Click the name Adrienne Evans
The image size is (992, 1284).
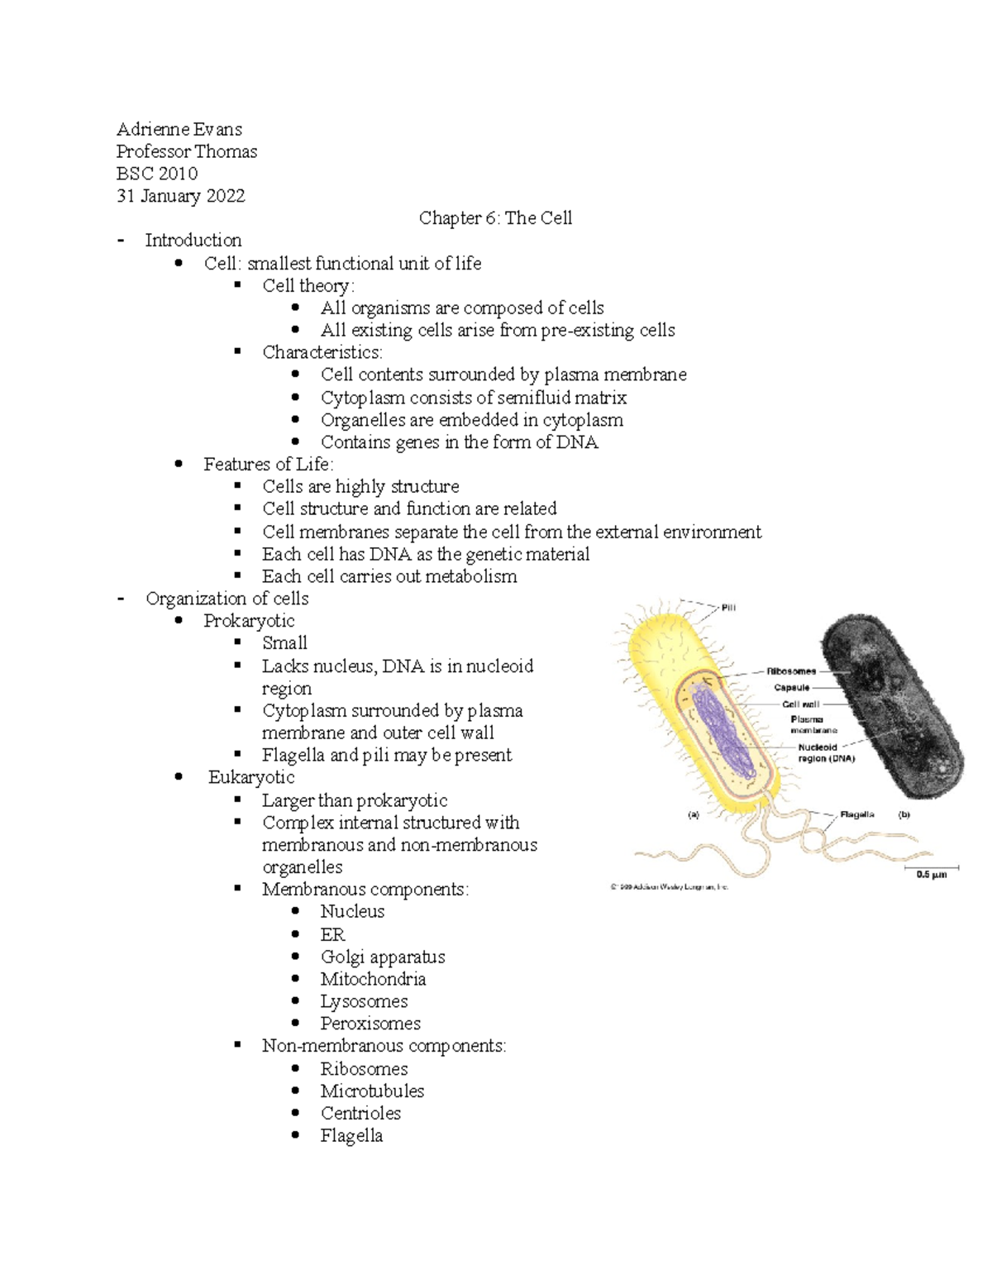pyautogui.click(x=179, y=129)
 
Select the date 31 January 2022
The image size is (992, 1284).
pyautogui.click(x=180, y=196)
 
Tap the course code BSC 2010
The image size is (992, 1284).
pyautogui.click(x=157, y=174)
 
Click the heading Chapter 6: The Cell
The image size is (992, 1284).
pyautogui.click(x=495, y=218)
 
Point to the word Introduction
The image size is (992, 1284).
pyautogui.click(x=193, y=241)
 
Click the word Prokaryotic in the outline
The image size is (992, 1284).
pyautogui.click(x=249, y=621)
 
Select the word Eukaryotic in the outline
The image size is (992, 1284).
pyautogui.click(x=251, y=777)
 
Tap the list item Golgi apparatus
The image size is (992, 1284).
pyautogui.click(x=383, y=957)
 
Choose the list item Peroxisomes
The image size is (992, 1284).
pyautogui.click(x=370, y=1024)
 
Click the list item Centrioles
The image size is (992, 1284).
pyautogui.click(x=360, y=1113)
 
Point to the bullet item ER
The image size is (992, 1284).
pyautogui.click(x=332, y=934)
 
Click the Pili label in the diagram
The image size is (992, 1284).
pyautogui.click(x=728, y=608)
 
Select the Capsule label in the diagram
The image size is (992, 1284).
pyautogui.click(x=791, y=688)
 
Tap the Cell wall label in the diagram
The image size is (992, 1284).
pyautogui.click(x=800, y=704)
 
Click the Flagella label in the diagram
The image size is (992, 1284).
pyautogui.click(x=857, y=814)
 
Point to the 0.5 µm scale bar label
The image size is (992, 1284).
pyautogui.click(x=932, y=875)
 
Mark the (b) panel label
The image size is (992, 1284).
pyautogui.click(x=904, y=814)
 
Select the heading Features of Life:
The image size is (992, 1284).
pyautogui.click(x=269, y=465)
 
